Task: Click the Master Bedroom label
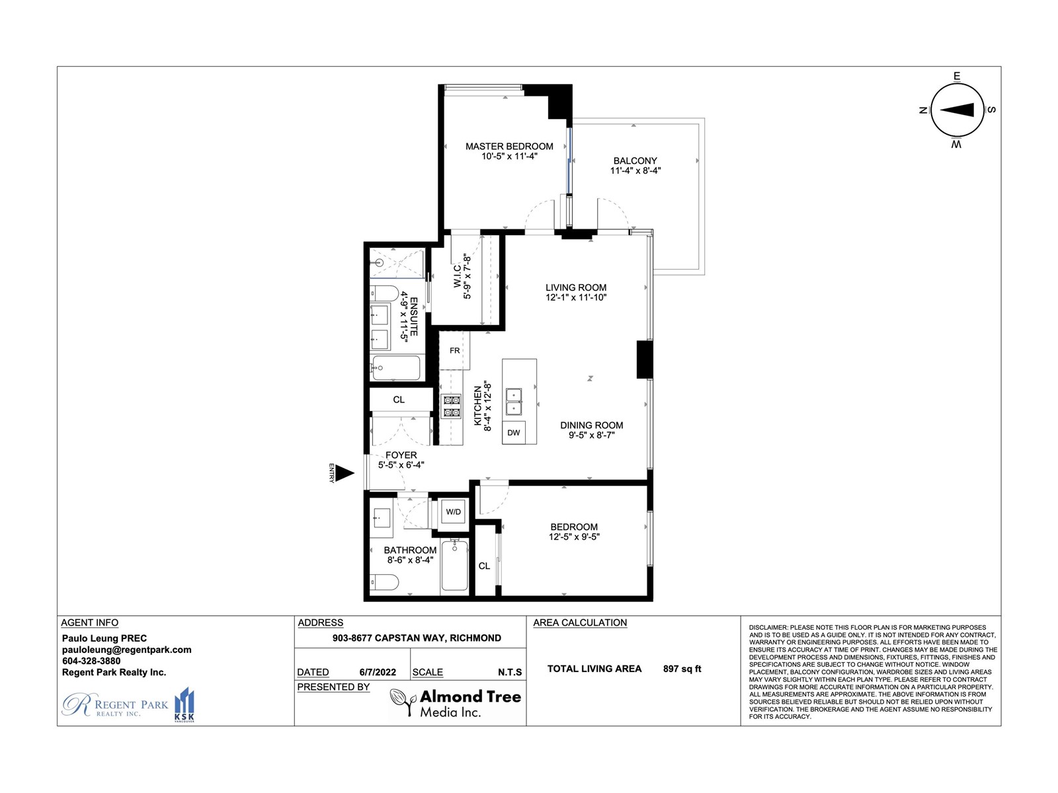click(509, 146)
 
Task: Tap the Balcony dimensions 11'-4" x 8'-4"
click(635, 170)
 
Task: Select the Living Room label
click(576, 287)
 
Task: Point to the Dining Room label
click(591, 425)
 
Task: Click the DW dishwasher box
click(513, 432)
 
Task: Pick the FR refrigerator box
click(454, 350)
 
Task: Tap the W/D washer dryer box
click(453, 511)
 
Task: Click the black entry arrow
click(345, 472)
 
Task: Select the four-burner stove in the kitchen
click(451, 406)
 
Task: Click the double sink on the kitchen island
click(513, 402)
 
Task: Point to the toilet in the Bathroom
click(384, 583)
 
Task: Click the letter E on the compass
click(957, 76)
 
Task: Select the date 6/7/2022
click(378, 672)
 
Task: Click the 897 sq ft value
click(682, 668)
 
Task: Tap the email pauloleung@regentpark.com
click(127, 650)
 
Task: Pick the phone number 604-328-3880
click(91, 661)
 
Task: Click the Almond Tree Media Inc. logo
click(456, 703)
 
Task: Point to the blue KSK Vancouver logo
click(184, 705)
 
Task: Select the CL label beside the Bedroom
click(484, 566)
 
